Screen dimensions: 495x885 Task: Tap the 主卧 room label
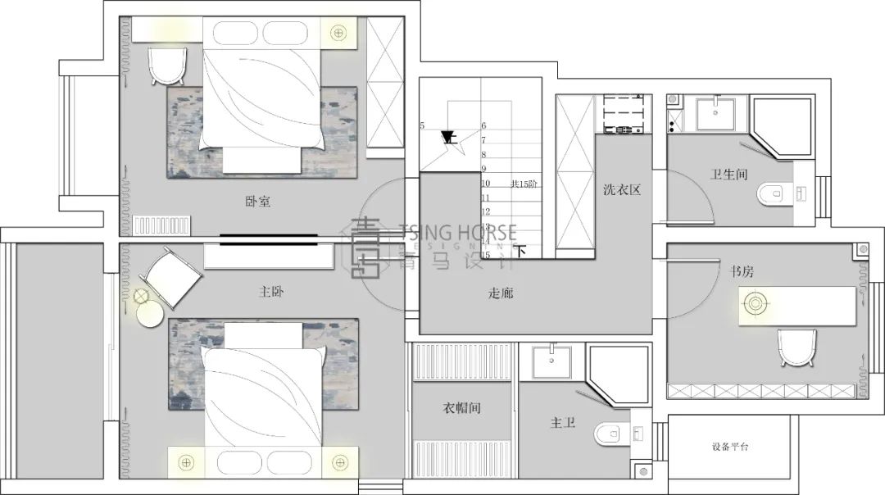pyautogui.click(x=271, y=291)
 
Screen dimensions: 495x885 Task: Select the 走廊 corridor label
pyautogui.click(x=500, y=293)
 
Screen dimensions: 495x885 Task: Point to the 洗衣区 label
pyautogui.click(x=621, y=190)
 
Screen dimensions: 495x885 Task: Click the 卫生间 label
pyautogui.click(x=728, y=174)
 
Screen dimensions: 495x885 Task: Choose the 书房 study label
pyautogui.click(x=731, y=269)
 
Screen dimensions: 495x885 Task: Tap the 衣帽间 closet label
pyautogui.click(x=463, y=408)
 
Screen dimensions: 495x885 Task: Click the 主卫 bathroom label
pyautogui.click(x=562, y=424)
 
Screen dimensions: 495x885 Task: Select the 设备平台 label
pyautogui.click(x=729, y=447)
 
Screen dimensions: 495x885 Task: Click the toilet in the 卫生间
pyautogui.click(x=771, y=194)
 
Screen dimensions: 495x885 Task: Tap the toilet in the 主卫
pyautogui.click(x=610, y=433)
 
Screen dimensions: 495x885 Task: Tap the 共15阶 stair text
pyautogui.click(x=524, y=184)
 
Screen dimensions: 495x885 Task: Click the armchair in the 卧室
pyautogui.click(x=168, y=65)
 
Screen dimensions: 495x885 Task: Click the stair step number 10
pyautogui.click(x=485, y=184)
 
